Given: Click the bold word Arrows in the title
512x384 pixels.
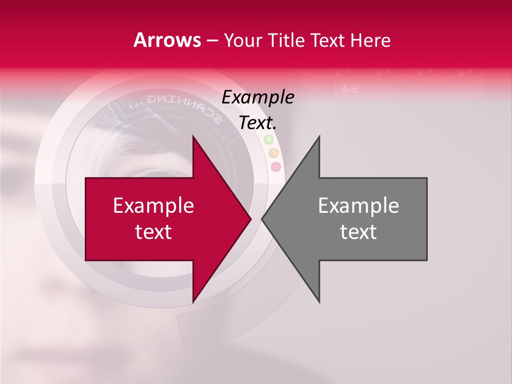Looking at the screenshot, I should [167, 40].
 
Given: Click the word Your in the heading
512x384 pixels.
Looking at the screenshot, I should [242, 41].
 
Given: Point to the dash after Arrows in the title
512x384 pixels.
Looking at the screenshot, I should [212, 41].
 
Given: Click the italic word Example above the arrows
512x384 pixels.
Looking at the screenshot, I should [258, 97].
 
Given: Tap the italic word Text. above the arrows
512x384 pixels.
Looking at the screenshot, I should [258, 123].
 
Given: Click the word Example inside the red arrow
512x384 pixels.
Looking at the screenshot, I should [154, 206].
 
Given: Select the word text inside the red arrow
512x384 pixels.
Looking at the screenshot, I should [154, 232].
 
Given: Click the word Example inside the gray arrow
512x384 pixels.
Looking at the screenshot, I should [358, 206].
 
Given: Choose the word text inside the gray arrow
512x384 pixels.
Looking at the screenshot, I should [358, 232].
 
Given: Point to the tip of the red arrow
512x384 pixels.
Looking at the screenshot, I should [251, 219].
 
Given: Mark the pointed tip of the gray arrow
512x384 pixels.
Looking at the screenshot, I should [262, 219].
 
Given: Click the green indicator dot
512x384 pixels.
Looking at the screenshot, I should [269, 140].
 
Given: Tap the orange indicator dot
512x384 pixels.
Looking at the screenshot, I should [273, 153].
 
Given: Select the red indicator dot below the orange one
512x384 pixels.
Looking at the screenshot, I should [276, 167].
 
